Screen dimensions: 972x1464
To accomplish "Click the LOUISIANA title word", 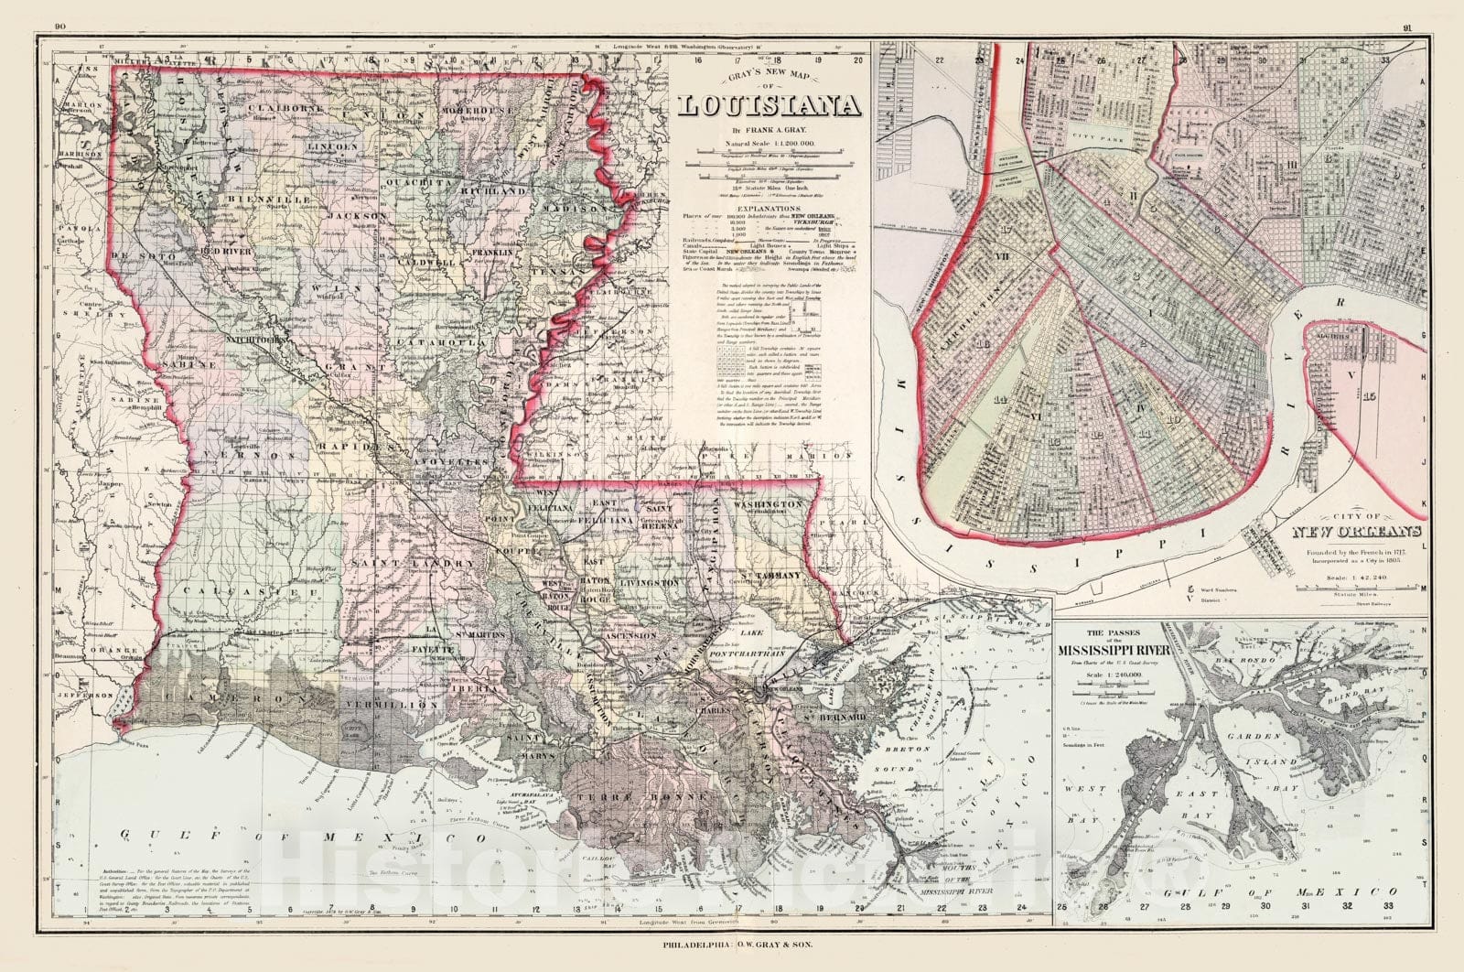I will tap(770, 107).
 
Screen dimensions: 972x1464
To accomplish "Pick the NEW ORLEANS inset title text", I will tap(1356, 532).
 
